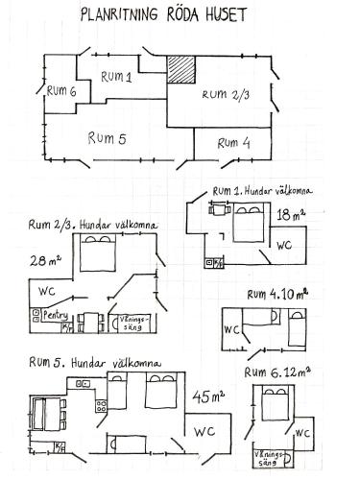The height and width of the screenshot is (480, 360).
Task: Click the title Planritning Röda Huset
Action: (163, 15)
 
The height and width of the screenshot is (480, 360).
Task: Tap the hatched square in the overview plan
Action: (181, 70)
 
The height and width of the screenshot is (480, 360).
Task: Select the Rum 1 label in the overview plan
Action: (116, 77)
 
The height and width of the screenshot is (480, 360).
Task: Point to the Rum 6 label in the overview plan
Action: (61, 91)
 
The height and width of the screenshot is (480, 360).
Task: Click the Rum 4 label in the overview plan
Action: (233, 143)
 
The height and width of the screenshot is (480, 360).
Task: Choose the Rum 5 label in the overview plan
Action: (107, 138)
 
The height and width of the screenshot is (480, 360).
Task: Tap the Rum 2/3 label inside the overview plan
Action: (226, 95)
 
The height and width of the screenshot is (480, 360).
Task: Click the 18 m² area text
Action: (291, 214)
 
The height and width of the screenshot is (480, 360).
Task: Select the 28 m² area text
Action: (45, 261)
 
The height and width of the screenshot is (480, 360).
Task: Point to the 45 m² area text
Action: (208, 396)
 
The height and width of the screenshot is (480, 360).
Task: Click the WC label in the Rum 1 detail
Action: (284, 246)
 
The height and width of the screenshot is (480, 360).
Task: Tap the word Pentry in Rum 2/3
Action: (56, 315)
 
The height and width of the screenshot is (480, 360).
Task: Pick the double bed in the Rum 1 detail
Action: (249, 223)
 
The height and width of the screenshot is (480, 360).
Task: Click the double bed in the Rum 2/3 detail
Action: (98, 252)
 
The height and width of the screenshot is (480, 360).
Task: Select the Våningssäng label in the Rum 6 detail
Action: (269, 458)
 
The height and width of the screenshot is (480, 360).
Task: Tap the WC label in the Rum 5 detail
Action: (204, 432)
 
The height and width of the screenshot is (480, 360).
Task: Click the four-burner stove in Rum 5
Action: (101, 406)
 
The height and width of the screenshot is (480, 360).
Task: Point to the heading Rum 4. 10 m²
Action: (277, 295)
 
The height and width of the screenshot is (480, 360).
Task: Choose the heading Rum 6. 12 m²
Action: (277, 372)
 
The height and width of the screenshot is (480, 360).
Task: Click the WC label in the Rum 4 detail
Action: (231, 329)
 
